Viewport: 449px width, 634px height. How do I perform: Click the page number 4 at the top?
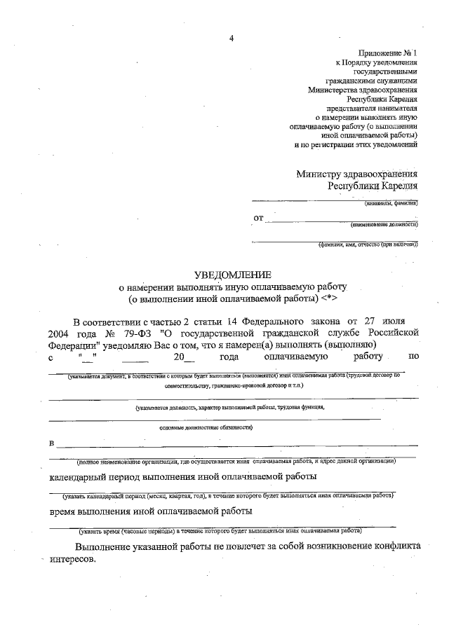[x=230, y=38]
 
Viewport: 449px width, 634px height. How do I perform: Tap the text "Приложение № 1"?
[x=388, y=53]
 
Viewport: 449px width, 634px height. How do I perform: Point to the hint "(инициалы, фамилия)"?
[x=391, y=203]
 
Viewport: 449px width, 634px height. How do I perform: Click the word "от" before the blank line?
[x=259, y=219]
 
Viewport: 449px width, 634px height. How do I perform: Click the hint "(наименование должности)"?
[x=384, y=225]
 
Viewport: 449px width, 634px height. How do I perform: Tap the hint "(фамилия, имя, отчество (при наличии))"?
[x=367, y=244]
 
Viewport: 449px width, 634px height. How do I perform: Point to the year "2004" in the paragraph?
[x=61, y=331]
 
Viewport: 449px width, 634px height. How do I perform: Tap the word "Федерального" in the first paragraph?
[x=257, y=319]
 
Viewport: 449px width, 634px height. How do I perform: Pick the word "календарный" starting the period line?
[x=79, y=477]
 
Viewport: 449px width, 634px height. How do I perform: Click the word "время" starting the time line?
[x=64, y=511]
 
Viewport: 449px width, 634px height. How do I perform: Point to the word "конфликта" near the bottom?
[x=395, y=546]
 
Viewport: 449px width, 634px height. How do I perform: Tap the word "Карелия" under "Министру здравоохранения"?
[x=400, y=186]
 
